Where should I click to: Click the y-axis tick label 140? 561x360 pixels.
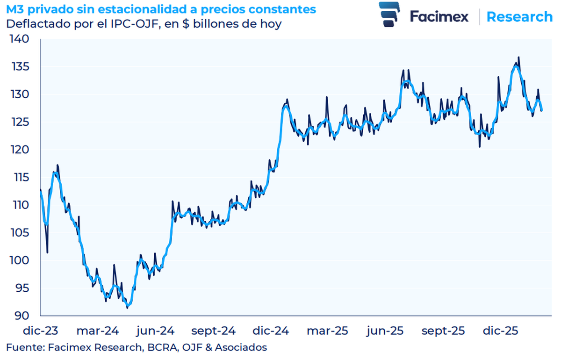(x=20, y=40)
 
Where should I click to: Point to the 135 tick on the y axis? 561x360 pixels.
(x=20, y=67)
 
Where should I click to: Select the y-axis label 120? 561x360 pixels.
(x=20, y=150)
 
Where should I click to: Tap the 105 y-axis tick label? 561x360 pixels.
(x=20, y=233)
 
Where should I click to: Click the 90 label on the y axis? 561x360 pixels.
(x=22, y=316)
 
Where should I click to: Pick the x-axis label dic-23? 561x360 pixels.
(x=41, y=331)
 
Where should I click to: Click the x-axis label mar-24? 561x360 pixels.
(x=95, y=331)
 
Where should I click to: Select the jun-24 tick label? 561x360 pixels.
(x=156, y=331)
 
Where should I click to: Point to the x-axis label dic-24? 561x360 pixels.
(x=271, y=331)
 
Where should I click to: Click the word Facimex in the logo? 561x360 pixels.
(x=439, y=17)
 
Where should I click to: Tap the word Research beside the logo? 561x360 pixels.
(x=519, y=17)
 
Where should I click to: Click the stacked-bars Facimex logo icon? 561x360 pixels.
(x=390, y=14)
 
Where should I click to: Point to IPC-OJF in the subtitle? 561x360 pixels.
(x=128, y=23)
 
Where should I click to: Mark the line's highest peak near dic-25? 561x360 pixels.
(x=518, y=58)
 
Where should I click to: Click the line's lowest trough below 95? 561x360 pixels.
(x=128, y=307)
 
